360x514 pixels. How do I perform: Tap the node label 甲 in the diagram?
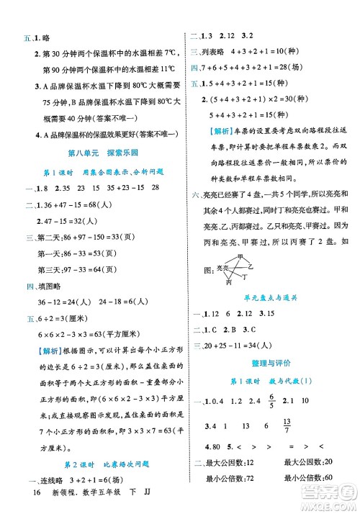(x=240, y=256)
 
